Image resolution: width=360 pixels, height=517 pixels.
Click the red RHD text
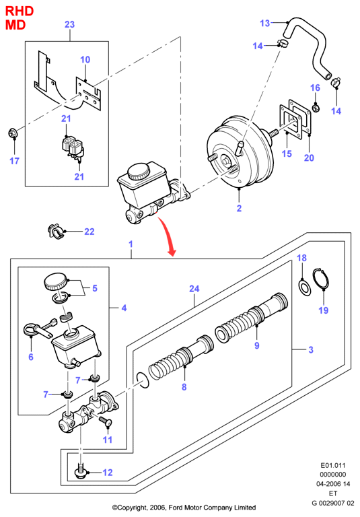point(20,11)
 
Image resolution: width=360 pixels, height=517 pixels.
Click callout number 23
point(69,24)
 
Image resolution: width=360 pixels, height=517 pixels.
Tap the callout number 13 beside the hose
point(264,23)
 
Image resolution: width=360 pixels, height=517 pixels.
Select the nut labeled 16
point(315,107)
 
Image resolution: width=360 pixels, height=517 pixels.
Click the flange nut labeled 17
point(13,133)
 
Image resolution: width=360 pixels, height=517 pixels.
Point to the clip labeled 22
point(55,231)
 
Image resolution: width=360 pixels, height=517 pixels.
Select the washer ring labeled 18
point(304,287)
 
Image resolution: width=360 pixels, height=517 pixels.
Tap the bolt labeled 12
point(81,473)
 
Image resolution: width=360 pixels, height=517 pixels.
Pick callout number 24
point(194,289)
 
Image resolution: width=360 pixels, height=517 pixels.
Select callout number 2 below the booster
point(239,209)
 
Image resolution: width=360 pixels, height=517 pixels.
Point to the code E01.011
point(333,466)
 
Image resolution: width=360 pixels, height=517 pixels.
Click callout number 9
point(257,345)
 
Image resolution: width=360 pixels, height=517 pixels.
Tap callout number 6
point(31,357)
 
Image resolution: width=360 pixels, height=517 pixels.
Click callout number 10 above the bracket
point(85,60)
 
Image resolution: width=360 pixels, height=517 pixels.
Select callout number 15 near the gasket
point(287,153)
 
